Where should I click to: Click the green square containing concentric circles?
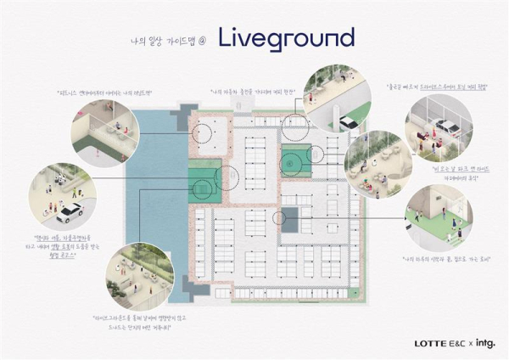(296, 157)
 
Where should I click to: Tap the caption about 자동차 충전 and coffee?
(251, 89)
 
